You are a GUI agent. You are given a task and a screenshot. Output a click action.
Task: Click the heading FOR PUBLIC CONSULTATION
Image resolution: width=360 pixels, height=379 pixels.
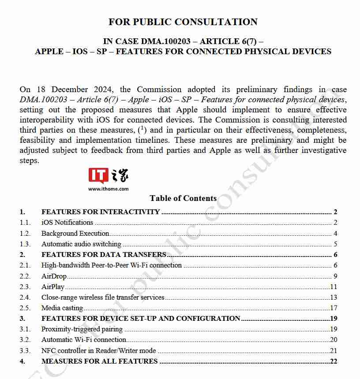coord(183,22)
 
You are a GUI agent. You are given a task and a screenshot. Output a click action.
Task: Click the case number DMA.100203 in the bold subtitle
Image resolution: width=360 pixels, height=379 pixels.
coord(166,41)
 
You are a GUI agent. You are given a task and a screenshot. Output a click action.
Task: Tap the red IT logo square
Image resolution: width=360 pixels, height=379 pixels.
coord(98,175)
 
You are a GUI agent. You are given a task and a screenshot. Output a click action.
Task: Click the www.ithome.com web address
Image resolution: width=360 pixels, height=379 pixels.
coord(108,189)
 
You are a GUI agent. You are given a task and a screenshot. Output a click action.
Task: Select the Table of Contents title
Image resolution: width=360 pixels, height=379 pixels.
coord(183,198)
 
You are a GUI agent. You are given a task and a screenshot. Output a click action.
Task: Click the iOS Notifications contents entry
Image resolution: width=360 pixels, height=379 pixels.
coord(67,223)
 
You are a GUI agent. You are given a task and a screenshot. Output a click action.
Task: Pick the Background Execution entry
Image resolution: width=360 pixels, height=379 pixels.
coord(75,234)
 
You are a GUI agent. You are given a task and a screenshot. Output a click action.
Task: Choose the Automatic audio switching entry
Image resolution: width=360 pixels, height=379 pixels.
coord(81,244)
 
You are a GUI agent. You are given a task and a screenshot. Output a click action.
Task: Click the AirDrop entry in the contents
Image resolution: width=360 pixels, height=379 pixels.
coord(54,276)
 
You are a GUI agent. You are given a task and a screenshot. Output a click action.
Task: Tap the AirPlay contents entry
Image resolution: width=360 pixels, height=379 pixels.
coord(53,287)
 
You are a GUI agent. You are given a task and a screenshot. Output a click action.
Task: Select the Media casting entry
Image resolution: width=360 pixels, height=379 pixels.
coord(62,308)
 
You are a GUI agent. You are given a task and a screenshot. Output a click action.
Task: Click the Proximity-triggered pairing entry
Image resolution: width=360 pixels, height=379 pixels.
coord(82,329)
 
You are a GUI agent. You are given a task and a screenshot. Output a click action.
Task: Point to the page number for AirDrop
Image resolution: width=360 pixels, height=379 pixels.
coord(335,276)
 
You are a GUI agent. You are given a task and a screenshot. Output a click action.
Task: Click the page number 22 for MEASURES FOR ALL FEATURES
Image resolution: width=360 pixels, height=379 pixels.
coord(334,361)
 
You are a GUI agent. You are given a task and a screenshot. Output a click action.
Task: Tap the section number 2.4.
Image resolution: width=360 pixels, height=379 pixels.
coord(25,297)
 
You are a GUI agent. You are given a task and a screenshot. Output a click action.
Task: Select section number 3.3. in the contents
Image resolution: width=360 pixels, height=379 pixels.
coord(25,351)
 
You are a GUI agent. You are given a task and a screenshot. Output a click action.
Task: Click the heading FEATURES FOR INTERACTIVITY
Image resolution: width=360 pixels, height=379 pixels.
coord(101,212)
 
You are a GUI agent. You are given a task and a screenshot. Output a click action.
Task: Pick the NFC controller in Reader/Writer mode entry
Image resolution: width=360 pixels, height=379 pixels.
coord(99,351)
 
